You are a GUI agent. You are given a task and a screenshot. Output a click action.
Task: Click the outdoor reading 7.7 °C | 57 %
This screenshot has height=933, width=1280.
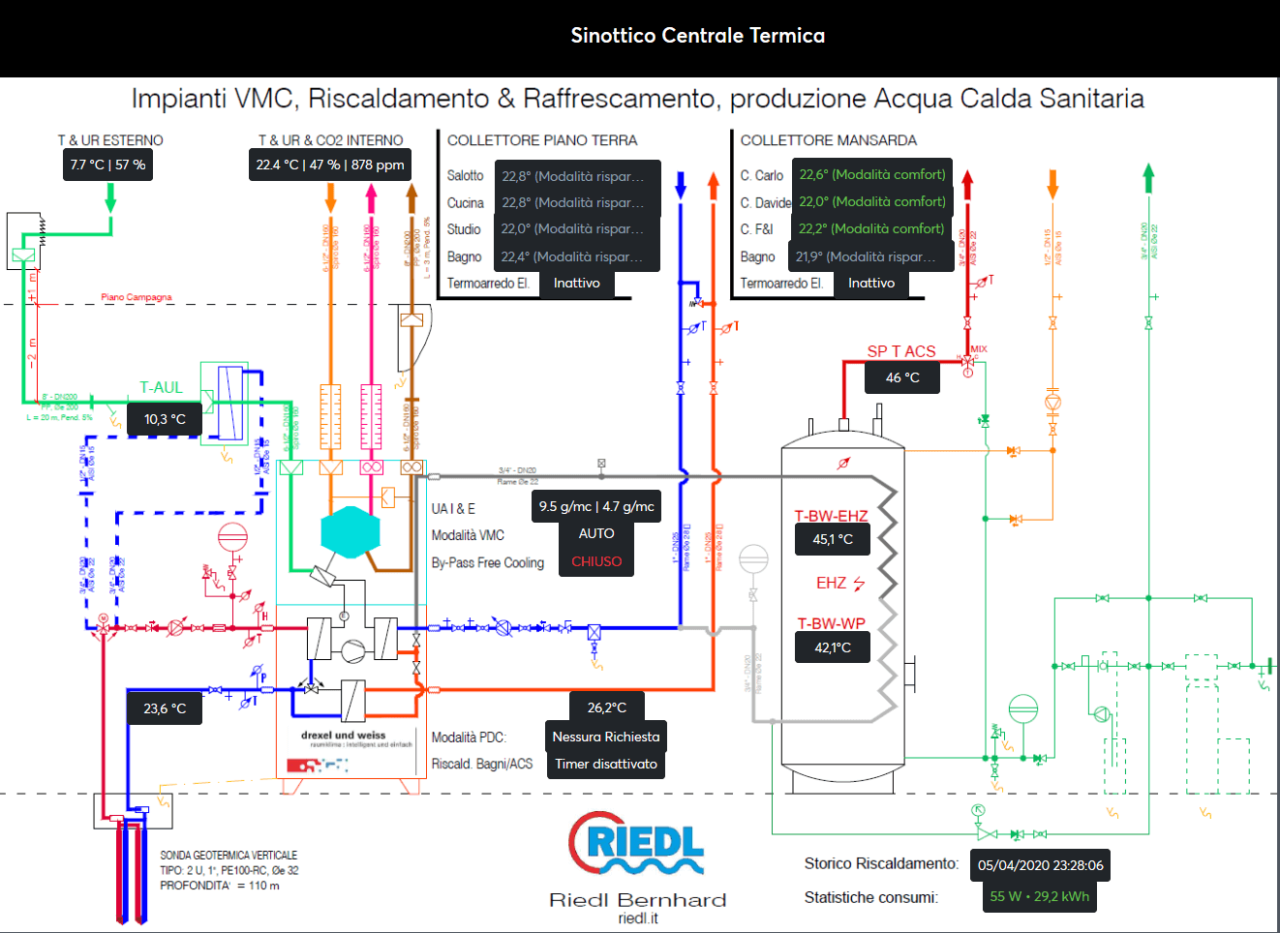(107, 165)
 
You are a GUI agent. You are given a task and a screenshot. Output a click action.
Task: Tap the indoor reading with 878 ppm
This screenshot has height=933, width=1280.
(330, 165)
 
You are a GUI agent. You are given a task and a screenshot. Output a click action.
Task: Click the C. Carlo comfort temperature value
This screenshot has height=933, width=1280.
(871, 174)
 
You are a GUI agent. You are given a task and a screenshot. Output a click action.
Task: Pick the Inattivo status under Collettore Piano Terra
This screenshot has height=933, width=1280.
(577, 283)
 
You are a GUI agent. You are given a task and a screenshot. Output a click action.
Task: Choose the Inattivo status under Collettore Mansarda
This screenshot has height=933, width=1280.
(871, 283)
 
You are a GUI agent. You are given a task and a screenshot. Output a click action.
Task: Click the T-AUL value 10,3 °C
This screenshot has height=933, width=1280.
(165, 419)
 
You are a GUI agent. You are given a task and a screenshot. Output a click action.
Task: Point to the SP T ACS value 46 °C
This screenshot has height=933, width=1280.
(902, 377)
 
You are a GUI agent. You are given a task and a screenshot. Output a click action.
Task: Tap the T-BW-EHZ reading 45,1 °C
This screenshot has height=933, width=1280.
(833, 539)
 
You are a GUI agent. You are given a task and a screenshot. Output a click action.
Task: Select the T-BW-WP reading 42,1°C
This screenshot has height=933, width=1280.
(833, 647)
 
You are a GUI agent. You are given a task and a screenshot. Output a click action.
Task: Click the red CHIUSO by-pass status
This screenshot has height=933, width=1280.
(596, 561)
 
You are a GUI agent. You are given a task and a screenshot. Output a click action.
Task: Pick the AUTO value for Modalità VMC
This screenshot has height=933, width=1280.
(596, 533)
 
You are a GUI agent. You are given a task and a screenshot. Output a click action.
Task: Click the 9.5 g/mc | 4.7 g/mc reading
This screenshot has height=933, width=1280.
(596, 506)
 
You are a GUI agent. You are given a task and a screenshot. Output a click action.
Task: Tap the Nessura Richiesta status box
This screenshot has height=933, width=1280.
(606, 737)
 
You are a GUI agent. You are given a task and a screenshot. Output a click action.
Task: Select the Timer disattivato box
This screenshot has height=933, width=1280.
(606, 764)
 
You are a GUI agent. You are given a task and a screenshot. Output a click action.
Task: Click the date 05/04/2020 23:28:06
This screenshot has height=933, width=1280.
(1040, 865)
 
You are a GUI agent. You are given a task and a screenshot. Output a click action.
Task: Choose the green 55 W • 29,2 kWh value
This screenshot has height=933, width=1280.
(1040, 896)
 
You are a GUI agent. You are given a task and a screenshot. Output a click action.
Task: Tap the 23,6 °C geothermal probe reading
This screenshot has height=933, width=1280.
(165, 708)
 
